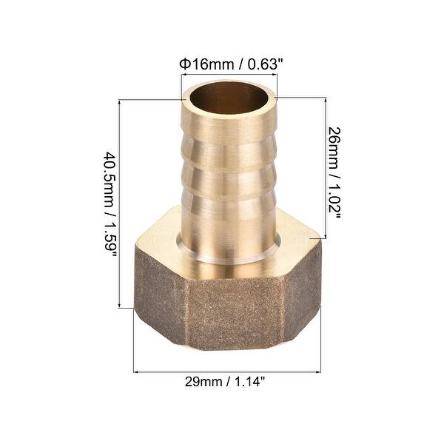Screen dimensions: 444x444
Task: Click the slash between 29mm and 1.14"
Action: [x=229, y=383]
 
